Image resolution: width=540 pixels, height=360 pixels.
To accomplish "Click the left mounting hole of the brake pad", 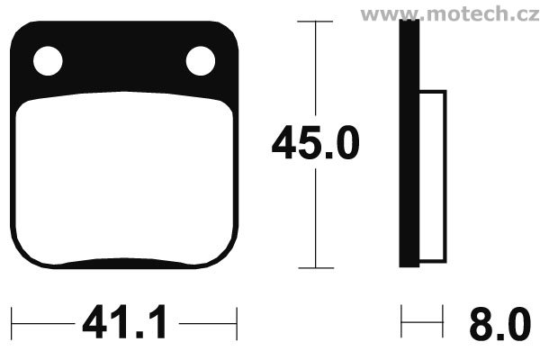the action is coord(48,61).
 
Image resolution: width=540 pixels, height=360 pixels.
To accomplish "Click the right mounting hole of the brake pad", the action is coord(201,61).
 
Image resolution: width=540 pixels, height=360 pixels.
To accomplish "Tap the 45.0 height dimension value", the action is coord(315,142).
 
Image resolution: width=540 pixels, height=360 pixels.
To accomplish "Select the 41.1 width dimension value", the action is coord(125,322).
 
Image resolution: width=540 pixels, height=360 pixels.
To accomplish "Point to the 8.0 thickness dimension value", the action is coord(499,324).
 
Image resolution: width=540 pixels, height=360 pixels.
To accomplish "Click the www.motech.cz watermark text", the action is coord(450,13).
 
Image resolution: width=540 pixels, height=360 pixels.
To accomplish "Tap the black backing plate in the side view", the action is coord(409,143).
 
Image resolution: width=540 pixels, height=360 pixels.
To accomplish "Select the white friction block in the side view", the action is coord(433,176).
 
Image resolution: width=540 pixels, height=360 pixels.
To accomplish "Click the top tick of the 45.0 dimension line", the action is coord(315,22).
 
